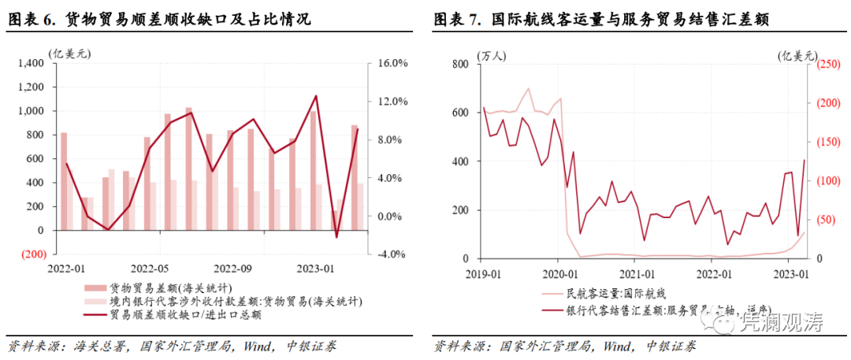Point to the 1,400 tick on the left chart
tap(32, 63)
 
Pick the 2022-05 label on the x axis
tap(151, 268)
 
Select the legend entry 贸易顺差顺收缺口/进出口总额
tap(186, 314)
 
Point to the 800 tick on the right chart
tap(459, 64)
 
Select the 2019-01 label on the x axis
tap(482, 273)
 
